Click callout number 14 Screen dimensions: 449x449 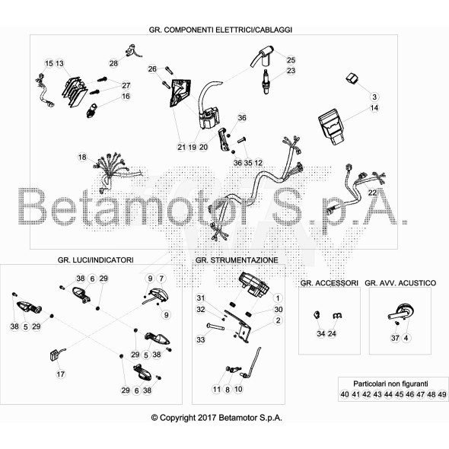tap(374, 108)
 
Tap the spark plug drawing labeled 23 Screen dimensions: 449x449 tap(266, 81)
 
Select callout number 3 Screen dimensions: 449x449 tap(374, 97)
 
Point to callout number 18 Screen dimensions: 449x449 tap(82, 158)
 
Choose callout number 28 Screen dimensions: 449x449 tap(113, 63)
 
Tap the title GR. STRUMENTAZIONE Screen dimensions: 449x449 tap(237, 260)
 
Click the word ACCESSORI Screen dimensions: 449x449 tap(336, 283)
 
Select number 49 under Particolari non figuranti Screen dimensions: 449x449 tap(442, 394)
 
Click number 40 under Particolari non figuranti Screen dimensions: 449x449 tap(345, 394)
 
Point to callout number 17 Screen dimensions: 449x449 tap(61, 374)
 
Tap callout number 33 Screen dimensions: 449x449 tap(201, 339)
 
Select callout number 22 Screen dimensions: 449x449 tap(372, 193)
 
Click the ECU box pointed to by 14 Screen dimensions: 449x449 tap(331, 126)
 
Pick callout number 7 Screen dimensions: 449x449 tap(161, 279)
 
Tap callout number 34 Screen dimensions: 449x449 tap(321, 333)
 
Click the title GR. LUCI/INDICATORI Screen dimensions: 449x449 tap(95, 260)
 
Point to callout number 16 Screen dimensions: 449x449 tap(126, 96)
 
